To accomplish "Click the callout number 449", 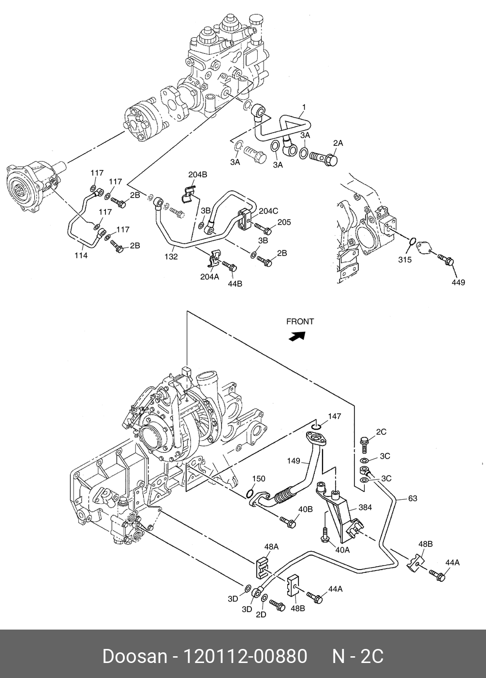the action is pos(458,282).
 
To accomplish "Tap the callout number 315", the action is pos(405,260).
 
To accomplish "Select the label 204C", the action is pos(268,211).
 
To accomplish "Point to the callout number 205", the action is pos(284,222).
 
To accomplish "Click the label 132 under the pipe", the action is pos(171,257).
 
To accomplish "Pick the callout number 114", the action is pos(81,256).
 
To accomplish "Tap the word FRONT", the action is pos(300,322).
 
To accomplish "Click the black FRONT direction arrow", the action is pos(297,336).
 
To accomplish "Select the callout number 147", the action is pos(335,416).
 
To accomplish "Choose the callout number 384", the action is pos(365,508).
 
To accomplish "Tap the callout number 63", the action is pos(412,498).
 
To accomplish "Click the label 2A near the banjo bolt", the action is pos(338,143).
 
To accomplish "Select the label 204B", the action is pos(198,175).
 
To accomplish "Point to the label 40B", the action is pos(305,509).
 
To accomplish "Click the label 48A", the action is pos(271,547).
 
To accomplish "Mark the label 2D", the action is pos(261,615).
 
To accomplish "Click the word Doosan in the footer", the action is pos(134,656).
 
